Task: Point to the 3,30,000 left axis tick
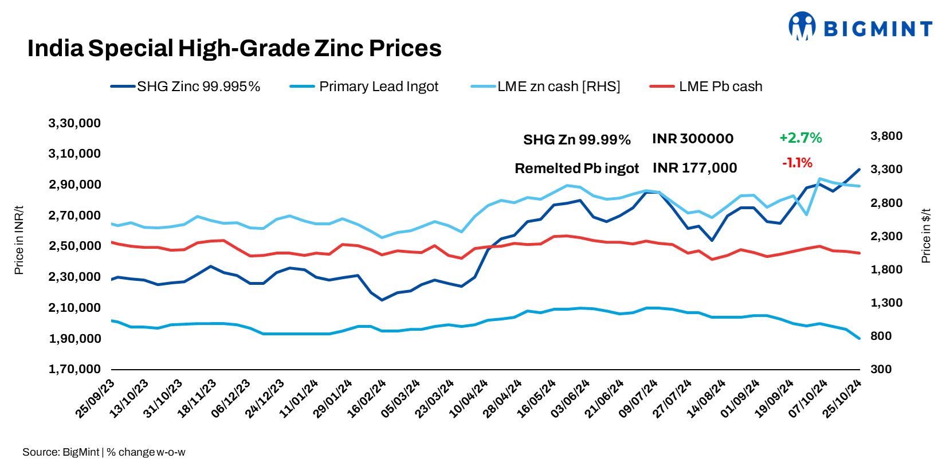[x=74, y=123]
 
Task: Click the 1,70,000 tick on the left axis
[x=74, y=369]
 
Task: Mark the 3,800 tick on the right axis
[x=886, y=136]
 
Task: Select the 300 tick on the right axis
[x=881, y=369]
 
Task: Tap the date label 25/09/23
[x=95, y=398]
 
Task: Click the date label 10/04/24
[x=468, y=398]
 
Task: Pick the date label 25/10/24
[x=842, y=398]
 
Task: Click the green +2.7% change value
[x=800, y=138]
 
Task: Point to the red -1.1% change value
[x=797, y=163]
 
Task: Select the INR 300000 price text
[x=692, y=139]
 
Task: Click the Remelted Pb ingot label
[x=576, y=169]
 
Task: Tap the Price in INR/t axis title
[x=19, y=240]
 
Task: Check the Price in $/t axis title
[x=925, y=236]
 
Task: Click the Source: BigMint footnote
[x=61, y=452]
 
